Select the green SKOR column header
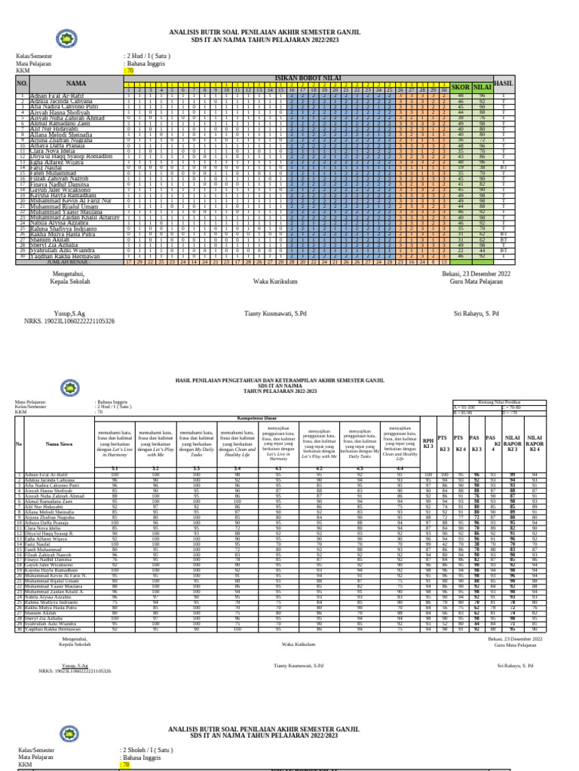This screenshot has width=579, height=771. (x=460, y=87)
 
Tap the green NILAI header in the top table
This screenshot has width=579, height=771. (x=482, y=87)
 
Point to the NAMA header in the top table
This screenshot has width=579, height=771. (x=76, y=84)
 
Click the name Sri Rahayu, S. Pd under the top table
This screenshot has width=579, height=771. (x=476, y=312)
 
